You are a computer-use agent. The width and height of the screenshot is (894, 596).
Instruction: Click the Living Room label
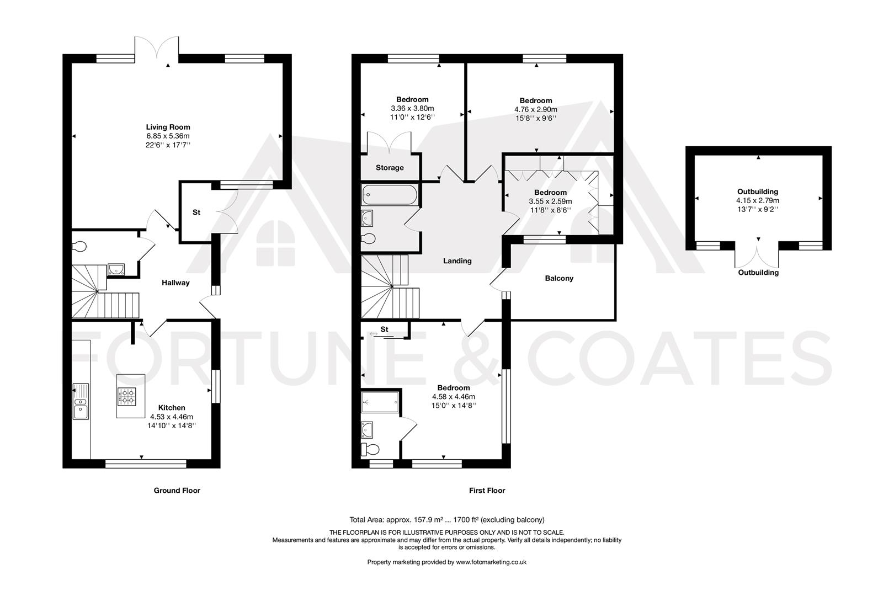pos(168,127)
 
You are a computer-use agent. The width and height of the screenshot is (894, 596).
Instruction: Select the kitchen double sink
pos(81,401)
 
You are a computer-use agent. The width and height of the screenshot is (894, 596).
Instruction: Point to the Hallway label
pos(175,283)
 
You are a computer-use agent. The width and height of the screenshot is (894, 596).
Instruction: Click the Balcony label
pos(559,278)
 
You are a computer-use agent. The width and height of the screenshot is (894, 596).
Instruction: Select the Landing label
pos(457,260)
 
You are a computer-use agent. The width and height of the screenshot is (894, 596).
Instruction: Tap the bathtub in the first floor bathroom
pos(390,195)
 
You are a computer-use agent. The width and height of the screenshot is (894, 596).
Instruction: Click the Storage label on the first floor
pos(390,167)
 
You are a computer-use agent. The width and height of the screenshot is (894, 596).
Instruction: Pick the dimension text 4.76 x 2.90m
pos(535,109)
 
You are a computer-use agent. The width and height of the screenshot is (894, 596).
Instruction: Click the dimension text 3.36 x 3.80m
pos(412,108)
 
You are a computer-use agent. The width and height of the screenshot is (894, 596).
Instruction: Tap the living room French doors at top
pos(157,47)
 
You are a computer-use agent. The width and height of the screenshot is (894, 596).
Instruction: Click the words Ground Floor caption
pos(177,490)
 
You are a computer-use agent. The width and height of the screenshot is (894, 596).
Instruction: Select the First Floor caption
pos(487,490)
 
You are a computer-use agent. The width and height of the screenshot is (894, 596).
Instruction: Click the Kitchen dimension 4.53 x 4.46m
pos(172,417)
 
